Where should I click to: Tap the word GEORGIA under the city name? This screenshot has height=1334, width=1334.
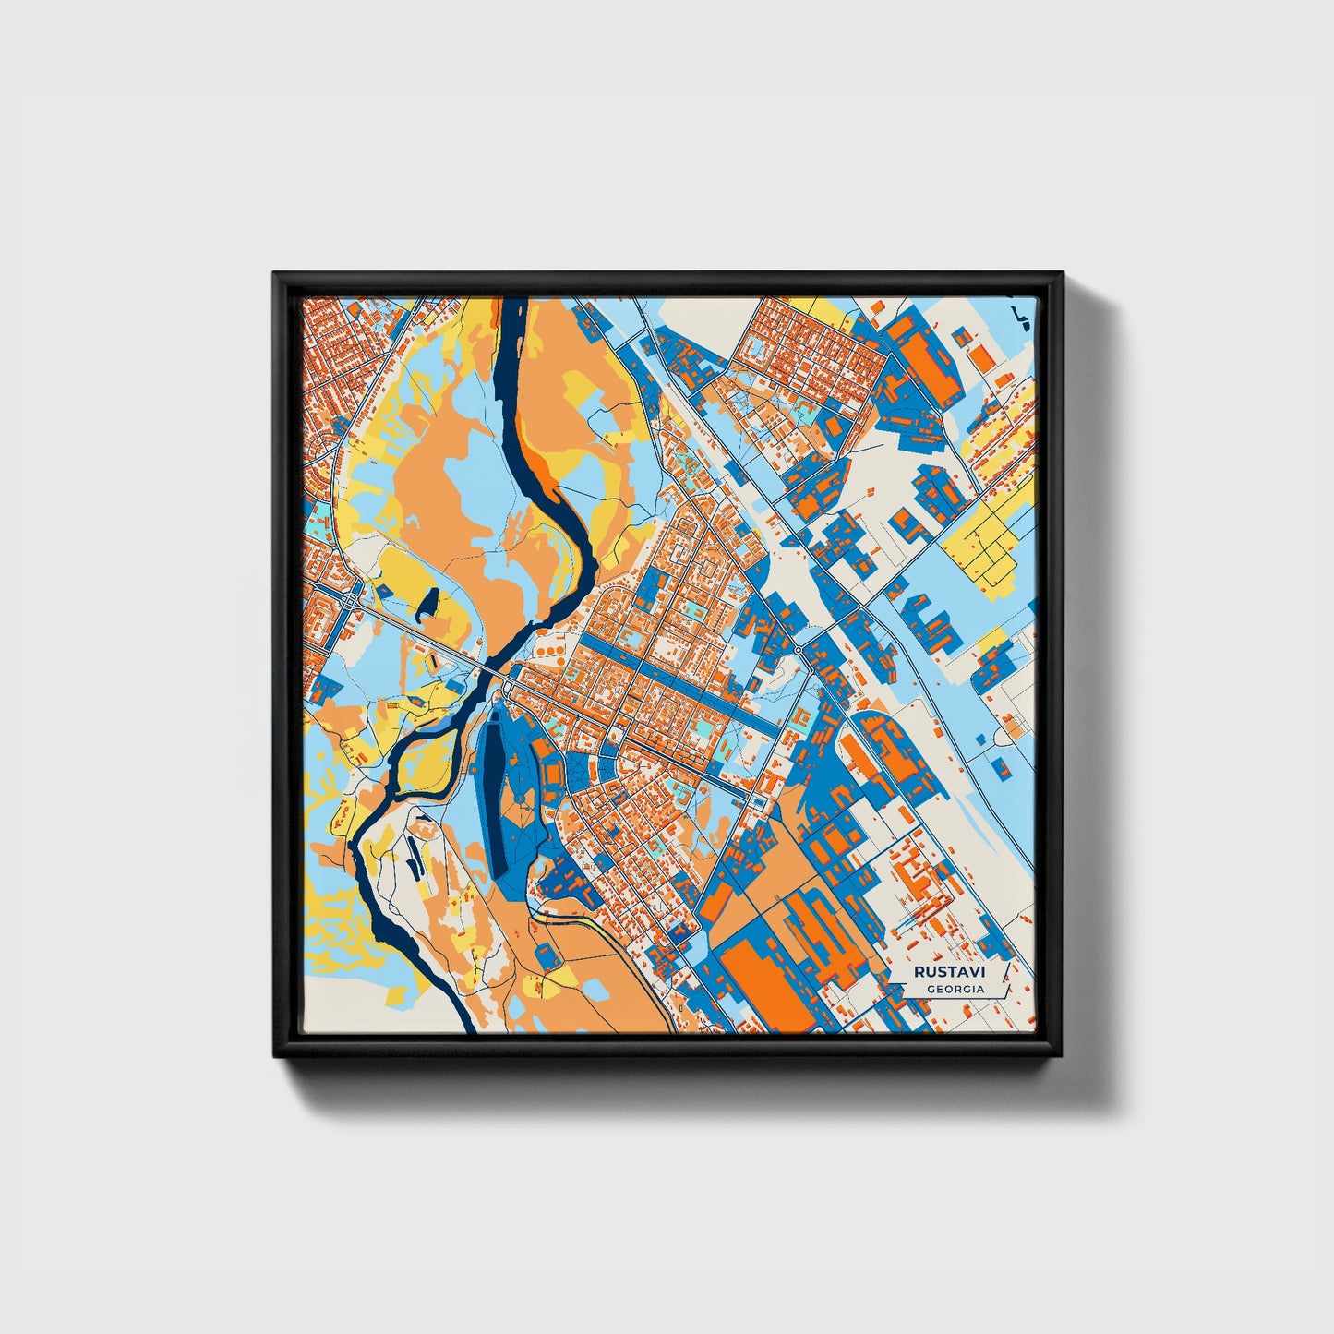click(x=955, y=989)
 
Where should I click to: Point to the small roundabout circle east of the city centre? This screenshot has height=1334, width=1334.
click(x=798, y=650)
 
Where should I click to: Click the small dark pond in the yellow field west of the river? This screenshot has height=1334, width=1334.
click(x=427, y=605)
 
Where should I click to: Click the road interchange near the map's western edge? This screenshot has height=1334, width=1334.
click(x=352, y=600)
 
